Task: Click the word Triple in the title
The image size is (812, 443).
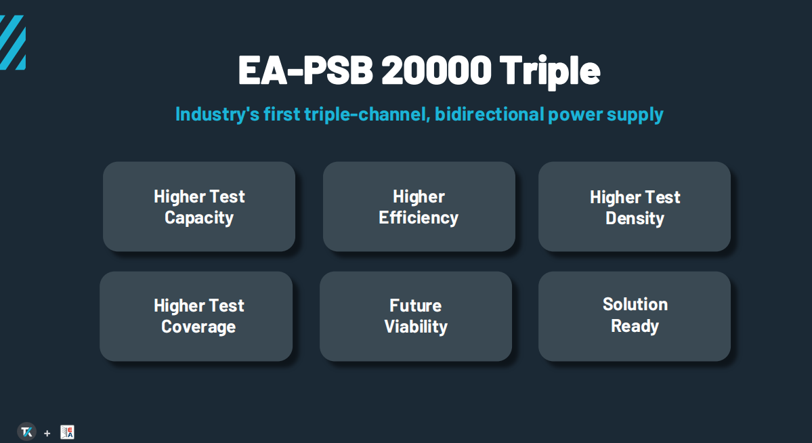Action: pos(549,70)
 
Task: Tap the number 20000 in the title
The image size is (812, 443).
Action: pos(436,69)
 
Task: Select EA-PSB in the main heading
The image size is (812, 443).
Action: pos(305,69)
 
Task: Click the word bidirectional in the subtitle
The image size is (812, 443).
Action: pos(489,114)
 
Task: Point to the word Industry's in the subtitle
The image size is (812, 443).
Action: pos(217,114)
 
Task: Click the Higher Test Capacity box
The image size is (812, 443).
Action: pos(199,206)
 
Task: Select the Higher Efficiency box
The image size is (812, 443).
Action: pos(419,206)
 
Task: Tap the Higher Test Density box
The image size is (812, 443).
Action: pos(635,206)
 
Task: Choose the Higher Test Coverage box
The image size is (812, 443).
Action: pos(196,316)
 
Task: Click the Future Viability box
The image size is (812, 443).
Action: pos(416,316)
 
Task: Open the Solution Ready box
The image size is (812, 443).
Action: pos(635,316)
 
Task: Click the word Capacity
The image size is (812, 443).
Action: pos(199,218)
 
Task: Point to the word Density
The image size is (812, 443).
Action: pos(635,219)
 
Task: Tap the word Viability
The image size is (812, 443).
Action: pos(416,327)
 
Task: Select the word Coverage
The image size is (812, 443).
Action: pos(198,327)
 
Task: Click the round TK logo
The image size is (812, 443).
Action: pos(27,432)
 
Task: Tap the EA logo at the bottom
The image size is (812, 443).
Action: pos(67,432)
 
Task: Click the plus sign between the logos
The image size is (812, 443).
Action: pos(47,433)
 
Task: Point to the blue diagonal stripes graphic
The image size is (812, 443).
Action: pos(12,43)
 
